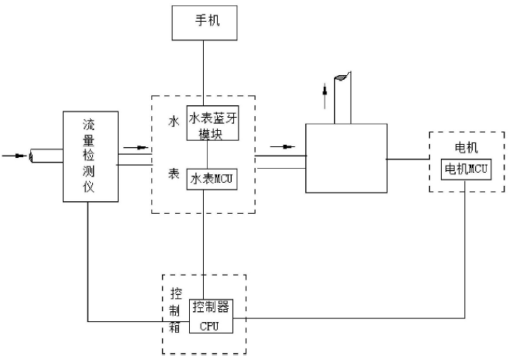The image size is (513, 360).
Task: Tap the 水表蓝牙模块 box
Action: tap(212, 122)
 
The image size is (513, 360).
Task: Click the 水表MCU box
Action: tap(212, 179)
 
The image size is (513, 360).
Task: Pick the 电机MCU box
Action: tap(463, 170)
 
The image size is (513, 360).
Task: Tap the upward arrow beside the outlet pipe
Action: tap(325, 98)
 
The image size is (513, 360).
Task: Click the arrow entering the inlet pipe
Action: tap(14, 156)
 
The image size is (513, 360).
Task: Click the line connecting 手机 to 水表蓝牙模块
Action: tap(204, 70)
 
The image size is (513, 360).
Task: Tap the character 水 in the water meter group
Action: tap(174, 122)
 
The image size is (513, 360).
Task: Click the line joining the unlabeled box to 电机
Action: tap(406, 159)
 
